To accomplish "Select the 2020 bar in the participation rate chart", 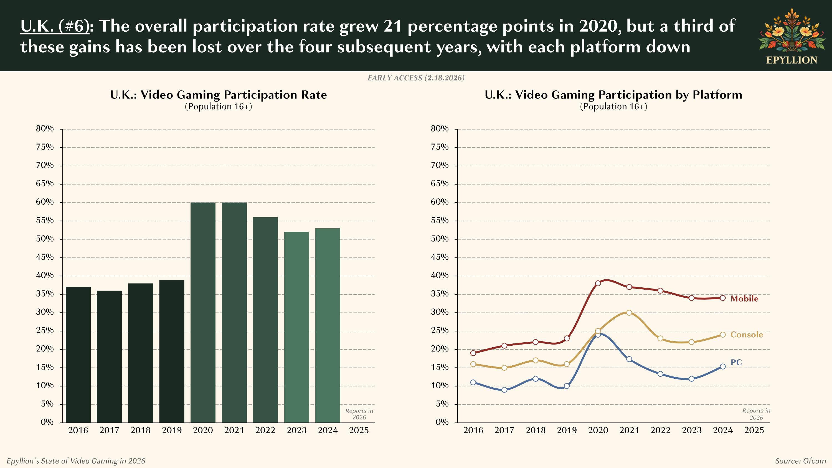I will [x=203, y=312].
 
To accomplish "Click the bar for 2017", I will [x=109, y=356].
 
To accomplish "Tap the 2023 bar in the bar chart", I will [x=296, y=327].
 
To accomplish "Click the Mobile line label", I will [x=744, y=299].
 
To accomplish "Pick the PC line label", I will [x=736, y=362].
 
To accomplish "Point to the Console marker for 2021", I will [x=629, y=313].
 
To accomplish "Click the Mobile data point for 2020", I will [x=598, y=283].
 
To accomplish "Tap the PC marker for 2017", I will [x=504, y=390].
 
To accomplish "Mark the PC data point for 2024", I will [x=723, y=366].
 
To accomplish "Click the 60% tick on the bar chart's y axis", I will [x=45, y=202].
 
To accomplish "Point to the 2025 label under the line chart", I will [x=754, y=430].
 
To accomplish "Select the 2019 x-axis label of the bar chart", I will [x=171, y=430].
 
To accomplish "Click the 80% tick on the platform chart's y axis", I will [x=440, y=129].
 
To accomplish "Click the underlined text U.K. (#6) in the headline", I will [x=55, y=26].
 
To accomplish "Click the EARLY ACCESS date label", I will [x=416, y=78].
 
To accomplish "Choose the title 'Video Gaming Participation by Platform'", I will [x=613, y=95].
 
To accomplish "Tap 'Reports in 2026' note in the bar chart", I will [x=359, y=414].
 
